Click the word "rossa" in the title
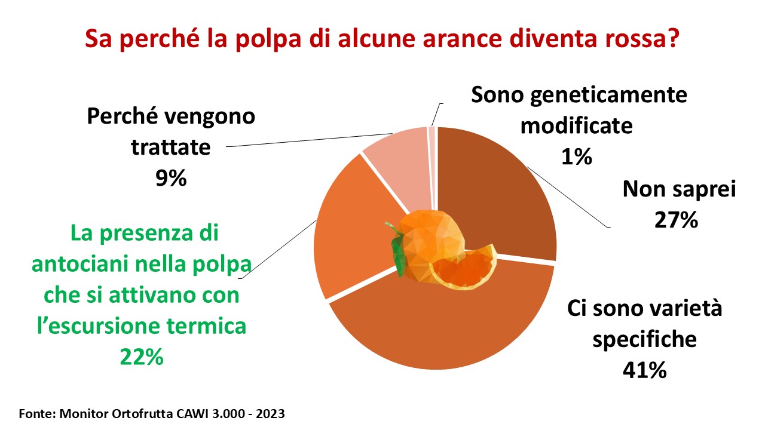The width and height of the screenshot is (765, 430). (642, 38)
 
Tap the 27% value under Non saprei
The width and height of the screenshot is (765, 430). (676, 220)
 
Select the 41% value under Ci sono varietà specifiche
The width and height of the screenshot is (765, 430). (644, 370)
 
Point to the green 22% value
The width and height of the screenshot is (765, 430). (142, 357)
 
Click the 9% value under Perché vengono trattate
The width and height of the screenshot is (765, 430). (171, 178)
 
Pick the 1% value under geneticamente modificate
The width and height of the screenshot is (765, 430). (577, 157)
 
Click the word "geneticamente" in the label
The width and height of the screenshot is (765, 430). (608, 96)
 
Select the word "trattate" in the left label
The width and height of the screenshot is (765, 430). (171, 148)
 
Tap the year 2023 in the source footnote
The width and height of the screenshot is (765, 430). (271, 414)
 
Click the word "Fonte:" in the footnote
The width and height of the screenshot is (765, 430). (37, 414)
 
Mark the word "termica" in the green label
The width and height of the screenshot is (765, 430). (207, 326)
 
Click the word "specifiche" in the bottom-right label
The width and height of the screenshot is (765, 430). (644, 340)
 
